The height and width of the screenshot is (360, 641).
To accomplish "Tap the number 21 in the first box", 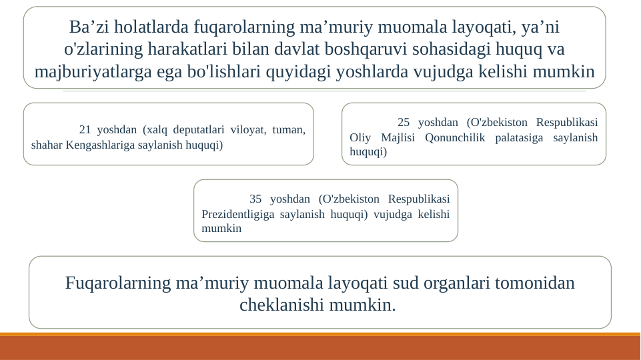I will (85, 129).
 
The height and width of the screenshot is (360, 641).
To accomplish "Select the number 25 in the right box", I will (404, 122).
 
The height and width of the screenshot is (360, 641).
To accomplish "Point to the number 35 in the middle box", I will (255, 199).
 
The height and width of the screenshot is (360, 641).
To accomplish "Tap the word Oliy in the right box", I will (361, 137).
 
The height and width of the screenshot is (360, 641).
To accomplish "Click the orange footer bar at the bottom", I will (320, 347).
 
